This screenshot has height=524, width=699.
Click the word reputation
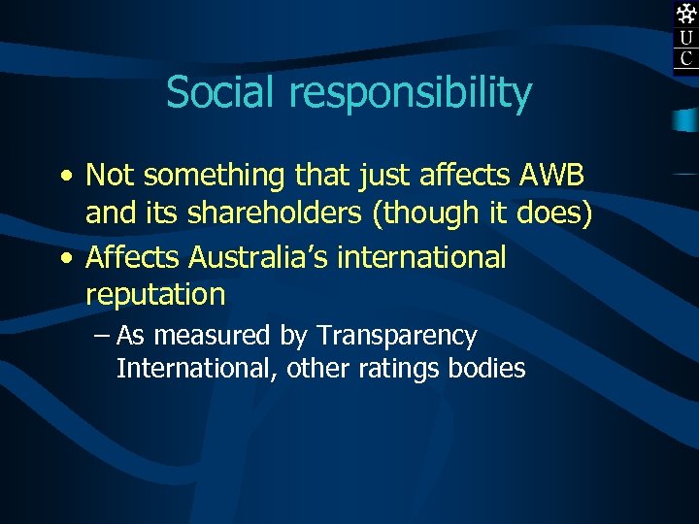(155, 295)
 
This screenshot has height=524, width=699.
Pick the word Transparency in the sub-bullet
(397, 337)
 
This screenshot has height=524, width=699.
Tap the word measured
(213, 337)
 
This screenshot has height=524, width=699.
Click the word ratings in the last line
(407, 369)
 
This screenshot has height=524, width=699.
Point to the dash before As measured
(103, 337)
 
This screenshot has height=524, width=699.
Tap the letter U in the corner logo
(686, 39)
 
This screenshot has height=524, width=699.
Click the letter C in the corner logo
(686, 58)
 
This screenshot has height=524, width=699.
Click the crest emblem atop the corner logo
(686, 14)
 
